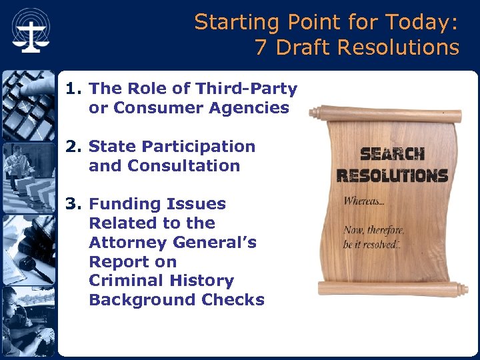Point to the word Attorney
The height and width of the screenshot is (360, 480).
tap(131, 242)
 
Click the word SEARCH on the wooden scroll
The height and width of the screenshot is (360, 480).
tap(393, 155)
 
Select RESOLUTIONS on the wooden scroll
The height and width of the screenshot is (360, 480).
tap(392, 175)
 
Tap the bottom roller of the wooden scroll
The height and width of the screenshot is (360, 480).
tap(389, 288)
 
